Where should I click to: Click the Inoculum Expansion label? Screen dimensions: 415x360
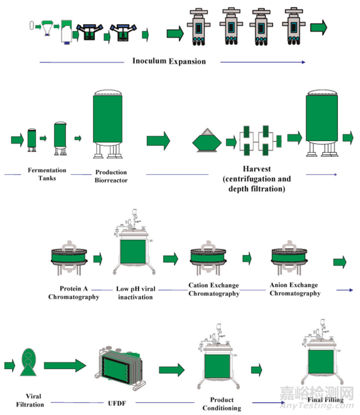coord(169,61)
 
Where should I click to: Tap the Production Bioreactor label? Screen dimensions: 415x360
coord(111,176)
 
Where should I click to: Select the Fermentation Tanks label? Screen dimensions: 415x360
coord(47,174)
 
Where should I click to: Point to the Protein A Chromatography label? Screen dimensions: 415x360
coord(73,292)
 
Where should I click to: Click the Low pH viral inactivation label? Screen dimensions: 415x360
coord(134,293)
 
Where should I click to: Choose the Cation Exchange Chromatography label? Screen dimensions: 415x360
coord(214,289)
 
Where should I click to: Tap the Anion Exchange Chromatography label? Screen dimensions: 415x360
coord(294,289)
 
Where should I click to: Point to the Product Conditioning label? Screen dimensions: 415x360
coord(222,404)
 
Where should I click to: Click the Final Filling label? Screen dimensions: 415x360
coord(325,400)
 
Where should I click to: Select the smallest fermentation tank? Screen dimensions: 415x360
coord(32,140)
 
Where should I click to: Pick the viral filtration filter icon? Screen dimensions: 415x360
coord(27,363)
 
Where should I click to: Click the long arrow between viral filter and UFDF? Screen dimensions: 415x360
coord(64,366)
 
